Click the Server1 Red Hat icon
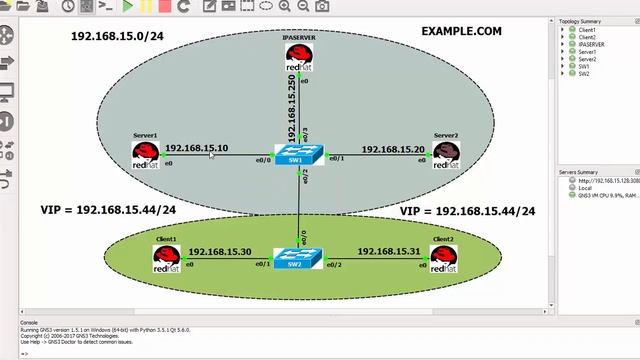[x=146, y=154]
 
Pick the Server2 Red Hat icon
[x=447, y=154]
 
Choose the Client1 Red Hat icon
[x=167, y=259]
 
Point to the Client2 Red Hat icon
[x=443, y=259]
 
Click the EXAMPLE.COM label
[x=461, y=32]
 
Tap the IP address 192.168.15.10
[x=196, y=148]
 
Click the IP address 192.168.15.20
[x=393, y=149]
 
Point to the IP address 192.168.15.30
[x=219, y=252]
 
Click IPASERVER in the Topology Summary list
[x=591, y=44]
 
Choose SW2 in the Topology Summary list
[x=583, y=73]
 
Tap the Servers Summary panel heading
[x=579, y=172]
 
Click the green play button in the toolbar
[x=128, y=6]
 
